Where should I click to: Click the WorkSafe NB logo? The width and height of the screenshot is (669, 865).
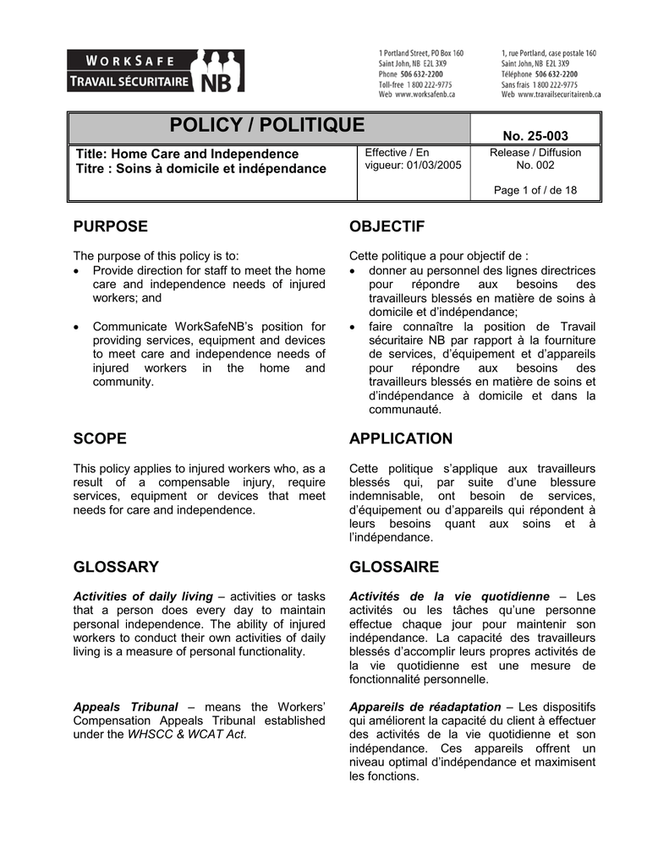[156, 71]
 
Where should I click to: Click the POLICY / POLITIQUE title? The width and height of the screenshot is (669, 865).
[267, 126]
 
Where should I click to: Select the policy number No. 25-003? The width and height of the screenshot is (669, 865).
[535, 136]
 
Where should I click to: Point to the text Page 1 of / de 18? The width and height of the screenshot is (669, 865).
[535, 190]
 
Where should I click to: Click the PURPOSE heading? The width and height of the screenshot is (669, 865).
[110, 226]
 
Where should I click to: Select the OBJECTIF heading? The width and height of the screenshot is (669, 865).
[387, 226]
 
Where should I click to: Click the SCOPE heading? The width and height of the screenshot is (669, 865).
[100, 438]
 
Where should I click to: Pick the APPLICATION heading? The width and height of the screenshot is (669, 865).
[400, 438]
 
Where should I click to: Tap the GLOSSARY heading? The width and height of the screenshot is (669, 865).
[116, 566]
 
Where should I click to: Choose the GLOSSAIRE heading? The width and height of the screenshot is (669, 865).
[393, 566]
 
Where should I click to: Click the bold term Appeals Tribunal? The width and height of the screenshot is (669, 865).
[126, 706]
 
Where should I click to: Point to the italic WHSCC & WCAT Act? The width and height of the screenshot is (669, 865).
[187, 734]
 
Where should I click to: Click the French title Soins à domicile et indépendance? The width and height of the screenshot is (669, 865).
[222, 169]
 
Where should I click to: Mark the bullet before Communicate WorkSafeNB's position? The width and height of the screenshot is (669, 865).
[79, 327]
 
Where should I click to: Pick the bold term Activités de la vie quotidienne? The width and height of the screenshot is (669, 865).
[449, 596]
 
